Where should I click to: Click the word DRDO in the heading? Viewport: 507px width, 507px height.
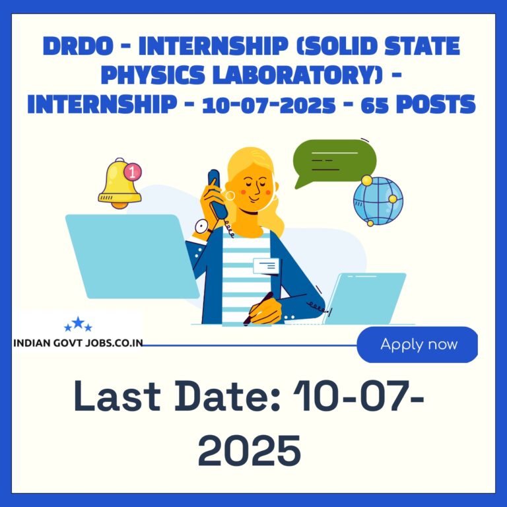[x=78, y=46]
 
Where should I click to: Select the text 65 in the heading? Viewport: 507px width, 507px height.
[x=374, y=104]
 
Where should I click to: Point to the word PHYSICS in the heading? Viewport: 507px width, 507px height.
[x=153, y=75]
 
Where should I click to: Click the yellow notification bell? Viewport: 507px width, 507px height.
[x=119, y=184]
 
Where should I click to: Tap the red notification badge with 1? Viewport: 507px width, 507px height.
[x=133, y=172]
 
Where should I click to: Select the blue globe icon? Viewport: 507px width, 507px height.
[x=378, y=201]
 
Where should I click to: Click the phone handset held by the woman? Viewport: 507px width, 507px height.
[x=217, y=193]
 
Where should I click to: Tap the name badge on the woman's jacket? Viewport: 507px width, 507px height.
[x=266, y=266]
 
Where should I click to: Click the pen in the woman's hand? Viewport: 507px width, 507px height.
[x=258, y=308]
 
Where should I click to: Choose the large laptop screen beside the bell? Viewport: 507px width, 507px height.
[x=132, y=256]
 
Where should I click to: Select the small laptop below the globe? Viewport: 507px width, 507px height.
[x=364, y=298]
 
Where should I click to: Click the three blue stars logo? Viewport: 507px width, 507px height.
[x=78, y=324]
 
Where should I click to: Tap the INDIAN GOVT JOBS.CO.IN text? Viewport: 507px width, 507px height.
[x=78, y=343]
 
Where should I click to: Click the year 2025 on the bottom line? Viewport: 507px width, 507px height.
[x=250, y=450]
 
